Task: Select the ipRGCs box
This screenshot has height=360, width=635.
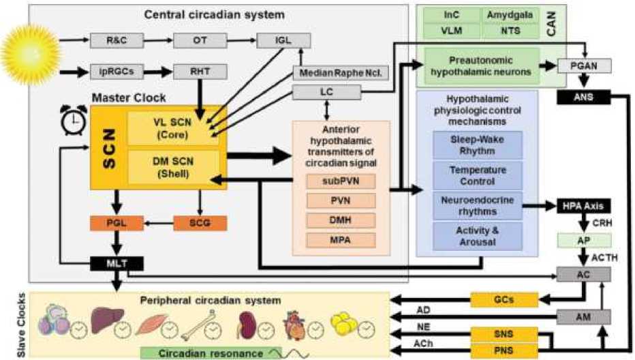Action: coord(109,71)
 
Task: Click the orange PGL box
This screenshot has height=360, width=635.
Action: coord(109,223)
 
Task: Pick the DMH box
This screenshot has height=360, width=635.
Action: coord(341,220)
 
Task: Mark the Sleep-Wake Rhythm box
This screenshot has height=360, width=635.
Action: coord(477,145)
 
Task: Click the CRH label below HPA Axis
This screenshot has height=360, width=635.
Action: coord(598,223)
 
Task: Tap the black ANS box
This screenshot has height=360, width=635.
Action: coord(583,97)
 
